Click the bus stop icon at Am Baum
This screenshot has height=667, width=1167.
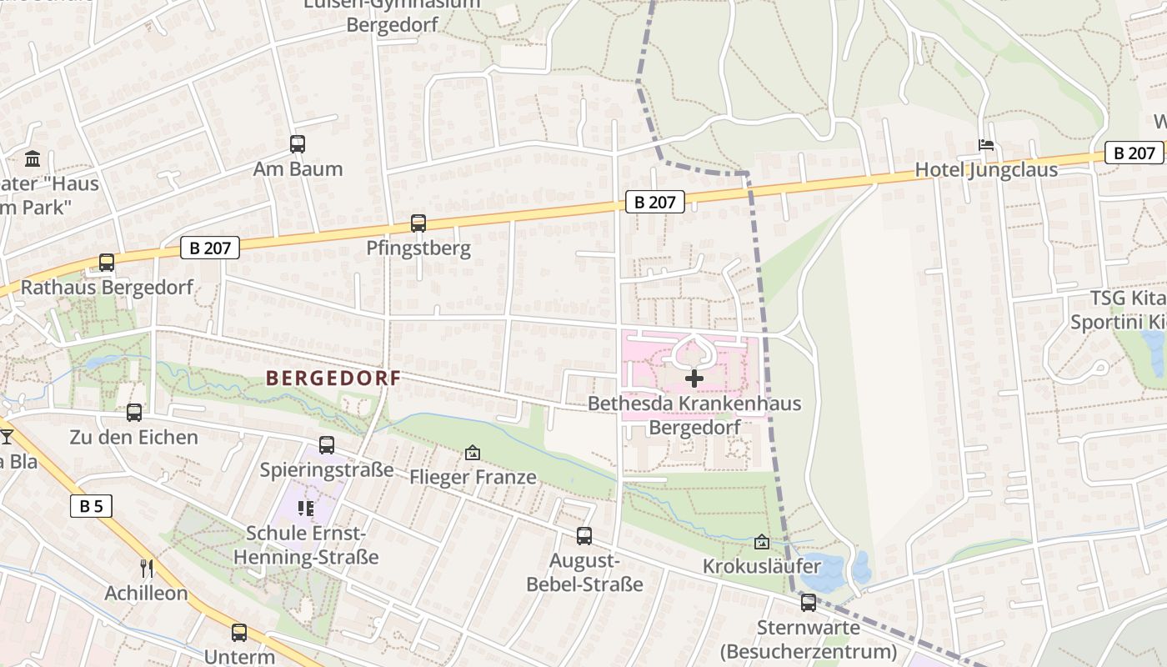(x=298, y=143)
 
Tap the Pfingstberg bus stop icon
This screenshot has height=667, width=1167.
(x=418, y=223)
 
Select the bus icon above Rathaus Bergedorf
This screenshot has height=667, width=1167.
(x=107, y=263)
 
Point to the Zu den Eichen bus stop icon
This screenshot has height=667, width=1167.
(x=134, y=412)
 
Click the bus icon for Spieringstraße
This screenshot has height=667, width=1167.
(x=327, y=445)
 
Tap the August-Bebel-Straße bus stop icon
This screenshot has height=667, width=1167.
(x=584, y=536)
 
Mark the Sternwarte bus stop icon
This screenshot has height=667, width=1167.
(x=808, y=602)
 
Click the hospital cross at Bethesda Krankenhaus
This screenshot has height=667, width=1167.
(x=694, y=379)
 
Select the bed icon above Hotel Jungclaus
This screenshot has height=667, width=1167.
(x=986, y=145)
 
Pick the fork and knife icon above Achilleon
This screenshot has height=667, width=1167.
(x=147, y=569)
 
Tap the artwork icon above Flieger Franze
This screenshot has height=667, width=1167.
(x=473, y=453)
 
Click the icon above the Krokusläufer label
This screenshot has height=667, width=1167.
(x=761, y=543)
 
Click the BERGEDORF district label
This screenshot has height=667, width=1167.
(x=333, y=378)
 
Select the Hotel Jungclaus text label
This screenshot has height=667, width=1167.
(x=986, y=170)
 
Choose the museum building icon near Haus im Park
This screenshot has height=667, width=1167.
(x=33, y=158)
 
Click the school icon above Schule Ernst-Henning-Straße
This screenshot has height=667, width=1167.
(x=305, y=508)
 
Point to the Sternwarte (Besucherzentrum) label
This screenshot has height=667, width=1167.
(x=808, y=639)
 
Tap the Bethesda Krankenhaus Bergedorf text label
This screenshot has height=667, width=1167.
(x=694, y=415)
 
